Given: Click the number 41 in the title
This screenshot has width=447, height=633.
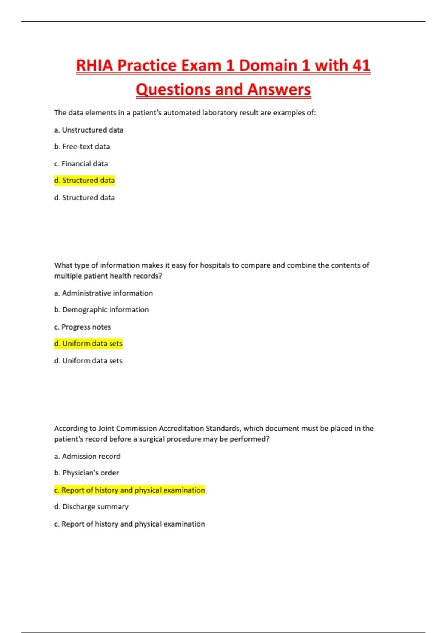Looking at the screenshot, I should (x=361, y=66).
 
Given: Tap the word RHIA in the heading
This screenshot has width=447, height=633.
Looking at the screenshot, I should (x=95, y=66).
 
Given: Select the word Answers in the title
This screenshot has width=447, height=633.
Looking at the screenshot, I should (x=279, y=90).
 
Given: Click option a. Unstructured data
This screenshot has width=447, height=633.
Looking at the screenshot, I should (x=89, y=130).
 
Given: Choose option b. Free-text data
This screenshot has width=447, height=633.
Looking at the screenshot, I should (x=82, y=147).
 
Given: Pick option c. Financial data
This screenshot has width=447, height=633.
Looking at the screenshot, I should (x=81, y=164).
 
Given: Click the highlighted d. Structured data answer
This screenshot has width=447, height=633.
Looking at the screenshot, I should (x=85, y=181).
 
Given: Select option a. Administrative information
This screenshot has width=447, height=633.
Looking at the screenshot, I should (x=103, y=293).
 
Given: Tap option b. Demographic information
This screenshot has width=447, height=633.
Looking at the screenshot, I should (x=101, y=310).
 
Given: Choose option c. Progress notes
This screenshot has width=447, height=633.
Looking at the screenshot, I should (x=82, y=327).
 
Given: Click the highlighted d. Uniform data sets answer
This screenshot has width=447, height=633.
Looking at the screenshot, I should (x=88, y=344).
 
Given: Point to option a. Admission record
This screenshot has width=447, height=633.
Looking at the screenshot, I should (x=87, y=456).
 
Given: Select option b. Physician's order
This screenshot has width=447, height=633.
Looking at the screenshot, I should (x=86, y=473).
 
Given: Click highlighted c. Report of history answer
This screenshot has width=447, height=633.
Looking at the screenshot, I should (x=130, y=490).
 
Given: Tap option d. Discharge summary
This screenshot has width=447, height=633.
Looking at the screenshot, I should (x=91, y=507).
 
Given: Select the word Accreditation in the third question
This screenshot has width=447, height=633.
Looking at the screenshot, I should (x=181, y=429).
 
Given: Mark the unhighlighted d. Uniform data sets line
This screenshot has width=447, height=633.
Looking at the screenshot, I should (x=88, y=361).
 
